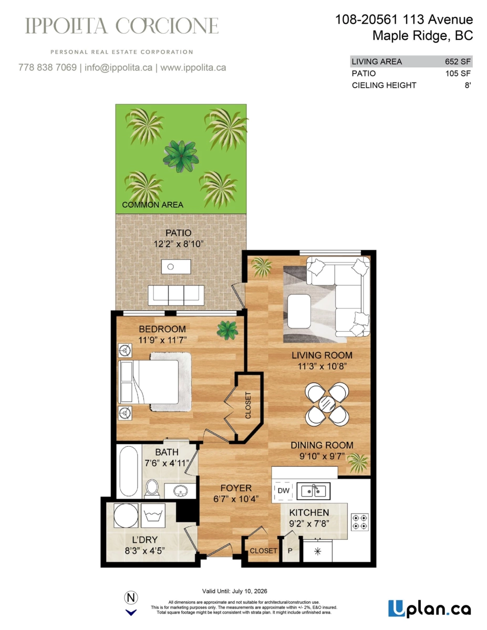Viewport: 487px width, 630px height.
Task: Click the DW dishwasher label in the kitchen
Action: pos(283,491)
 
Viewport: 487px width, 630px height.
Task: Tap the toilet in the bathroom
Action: pos(152,487)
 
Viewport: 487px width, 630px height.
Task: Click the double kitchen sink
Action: pos(313,491)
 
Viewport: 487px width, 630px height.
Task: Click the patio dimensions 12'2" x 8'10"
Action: pos(178,244)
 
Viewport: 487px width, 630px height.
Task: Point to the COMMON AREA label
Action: pos(152,205)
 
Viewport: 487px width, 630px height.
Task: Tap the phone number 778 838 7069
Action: pos(47,68)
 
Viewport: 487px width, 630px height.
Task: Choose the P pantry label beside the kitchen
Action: pos(289,551)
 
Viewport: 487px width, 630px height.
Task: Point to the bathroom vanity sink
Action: pos(180,491)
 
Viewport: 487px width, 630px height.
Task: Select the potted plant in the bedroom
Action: pos(227,329)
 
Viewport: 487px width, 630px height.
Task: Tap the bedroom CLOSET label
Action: pos(248,405)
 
